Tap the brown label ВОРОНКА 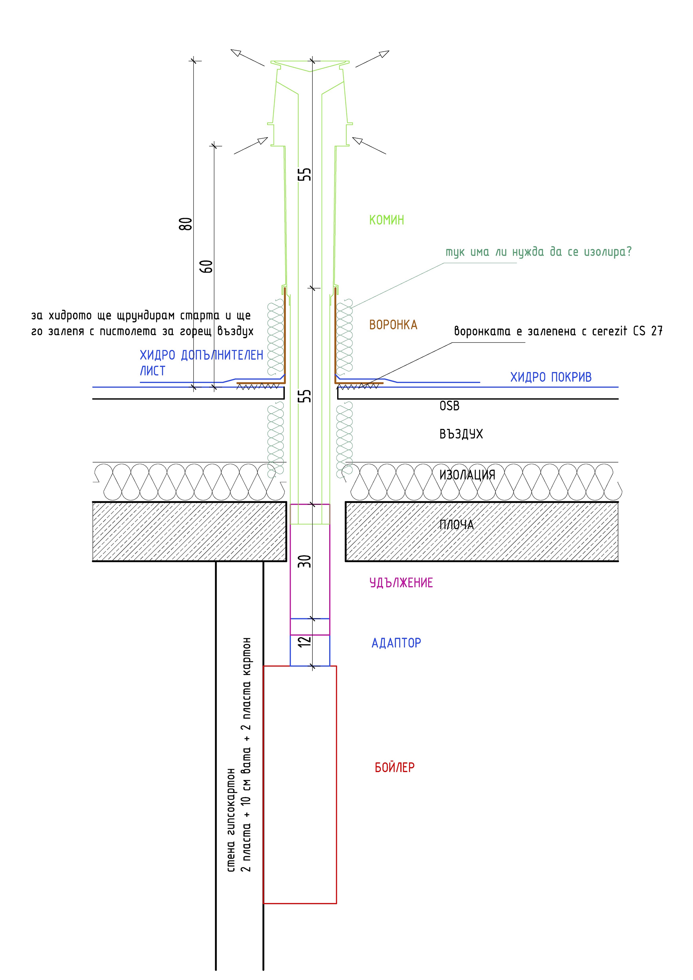point(393,325)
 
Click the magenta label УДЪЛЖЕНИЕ point(401,583)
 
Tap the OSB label point(449,406)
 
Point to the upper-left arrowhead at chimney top point(236,53)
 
